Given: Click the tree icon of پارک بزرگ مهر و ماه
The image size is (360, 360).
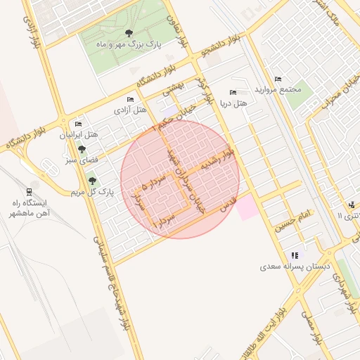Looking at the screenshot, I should pyautogui.click(x=127, y=34).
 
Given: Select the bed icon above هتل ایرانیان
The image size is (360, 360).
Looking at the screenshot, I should pyautogui.click(x=78, y=124).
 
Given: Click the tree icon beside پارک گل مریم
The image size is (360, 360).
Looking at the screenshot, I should pyautogui.click(x=92, y=181).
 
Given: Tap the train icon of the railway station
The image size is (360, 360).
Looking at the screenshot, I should pyautogui.click(x=29, y=191).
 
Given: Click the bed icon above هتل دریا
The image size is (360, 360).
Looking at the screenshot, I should pyautogui.click(x=233, y=94).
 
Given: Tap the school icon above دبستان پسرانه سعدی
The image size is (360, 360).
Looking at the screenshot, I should pyautogui.click(x=294, y=255).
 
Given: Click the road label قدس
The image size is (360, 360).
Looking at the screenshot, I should pyautogui.click(x=226, y=204).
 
